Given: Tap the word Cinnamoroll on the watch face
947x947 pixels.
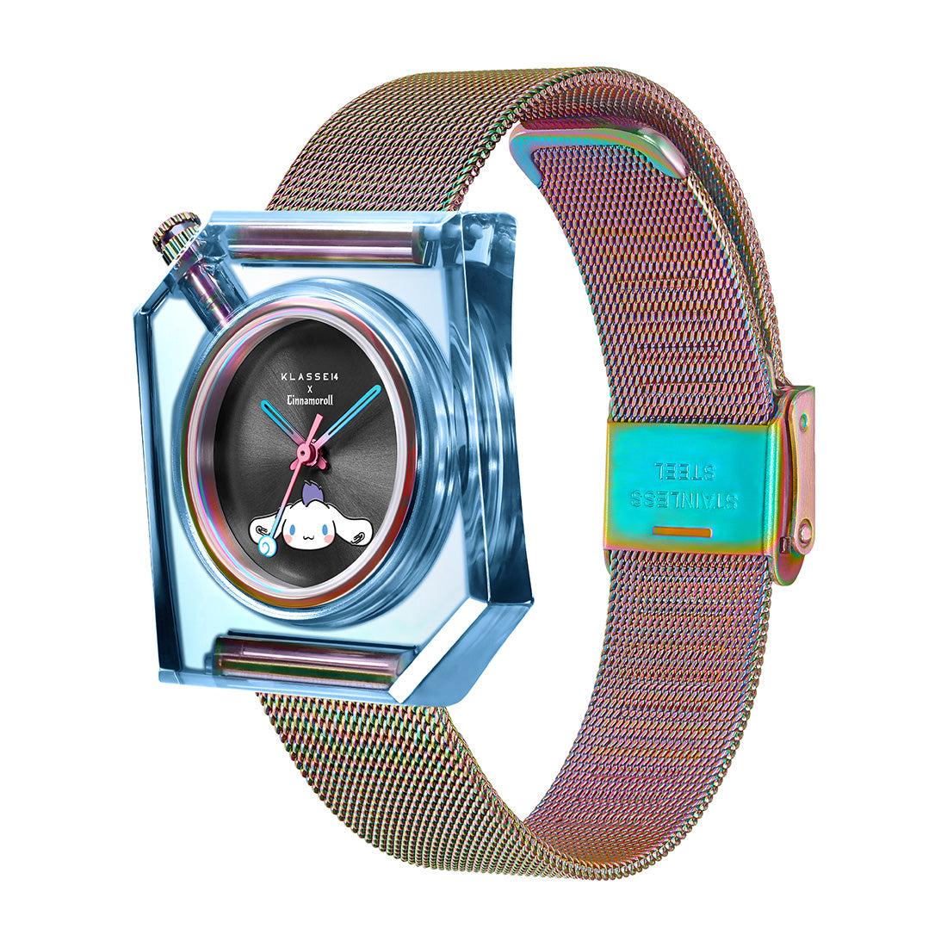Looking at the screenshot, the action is click(310, 399).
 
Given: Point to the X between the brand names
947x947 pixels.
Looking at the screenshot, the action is click(310, 387).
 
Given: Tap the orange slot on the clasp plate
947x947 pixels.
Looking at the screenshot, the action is click(682, 531).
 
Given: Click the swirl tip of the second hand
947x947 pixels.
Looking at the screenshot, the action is click(266, 547).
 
